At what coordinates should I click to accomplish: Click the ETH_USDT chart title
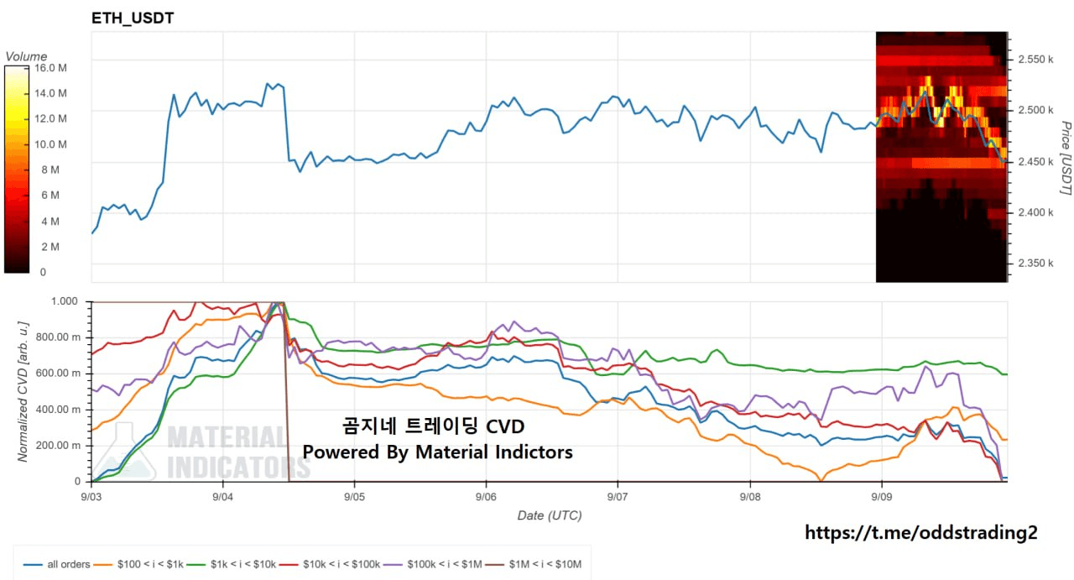(x=133, y=18)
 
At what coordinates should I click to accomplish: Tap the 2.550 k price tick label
(x=1035, y=60)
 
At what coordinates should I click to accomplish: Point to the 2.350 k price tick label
(x=1035, y=264)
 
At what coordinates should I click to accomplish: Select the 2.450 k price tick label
(x=1035, y=162)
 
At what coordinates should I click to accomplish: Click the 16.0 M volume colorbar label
(x=50, y=68)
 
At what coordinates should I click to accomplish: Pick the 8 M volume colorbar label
(x=50, y=170)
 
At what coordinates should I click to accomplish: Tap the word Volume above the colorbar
(x=26, y=56)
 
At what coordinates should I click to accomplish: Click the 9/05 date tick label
(x=354, y=497)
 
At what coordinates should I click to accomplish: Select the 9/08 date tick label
(x=750, y=497)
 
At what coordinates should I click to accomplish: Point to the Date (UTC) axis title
(x=550, y=515)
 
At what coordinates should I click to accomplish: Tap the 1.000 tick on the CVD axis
(x=65, y=301)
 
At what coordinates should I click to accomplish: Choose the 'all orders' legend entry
(x=56, y=564)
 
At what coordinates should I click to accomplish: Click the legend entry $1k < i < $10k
(x=231, y=564)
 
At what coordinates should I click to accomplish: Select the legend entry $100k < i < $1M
(x=432, y=564)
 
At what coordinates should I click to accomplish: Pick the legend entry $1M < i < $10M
(x=533, y=564)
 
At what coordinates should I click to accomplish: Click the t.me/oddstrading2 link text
(x=920, y=532)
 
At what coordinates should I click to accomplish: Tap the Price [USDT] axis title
(x=1065, y=158)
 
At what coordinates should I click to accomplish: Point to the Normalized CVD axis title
(x=23, y=391)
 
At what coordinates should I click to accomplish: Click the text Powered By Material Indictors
(x=437, y=452)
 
